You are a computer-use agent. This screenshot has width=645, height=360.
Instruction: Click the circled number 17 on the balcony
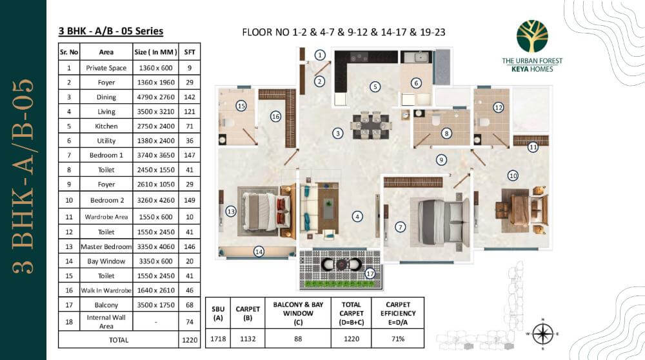(x=370, y=273)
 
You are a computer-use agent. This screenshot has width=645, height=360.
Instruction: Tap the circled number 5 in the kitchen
(x=375, y=86)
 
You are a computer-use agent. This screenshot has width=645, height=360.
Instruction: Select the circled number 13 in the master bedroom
(x=231, y=211)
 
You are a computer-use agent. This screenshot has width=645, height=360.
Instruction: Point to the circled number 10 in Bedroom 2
(x=513, y=175)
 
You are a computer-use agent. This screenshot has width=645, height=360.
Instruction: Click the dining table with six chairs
(x=370, y=125)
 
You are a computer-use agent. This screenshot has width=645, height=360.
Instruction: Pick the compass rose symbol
(x=543, y=333)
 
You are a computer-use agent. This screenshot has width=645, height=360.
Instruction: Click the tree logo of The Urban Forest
(x=532, y=36)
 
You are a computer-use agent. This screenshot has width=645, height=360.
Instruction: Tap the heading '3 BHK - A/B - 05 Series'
(x=110, y=31)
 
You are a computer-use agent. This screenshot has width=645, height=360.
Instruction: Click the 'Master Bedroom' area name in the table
(x=106, y=246)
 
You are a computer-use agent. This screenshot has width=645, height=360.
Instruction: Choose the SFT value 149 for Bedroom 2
(x=190, y=200)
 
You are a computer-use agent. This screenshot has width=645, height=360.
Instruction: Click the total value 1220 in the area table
(x=190, y=339)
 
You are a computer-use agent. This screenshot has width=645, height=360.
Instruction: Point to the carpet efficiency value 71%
(x=398, y=337)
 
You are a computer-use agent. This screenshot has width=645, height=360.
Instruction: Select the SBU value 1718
(x=218, y=337)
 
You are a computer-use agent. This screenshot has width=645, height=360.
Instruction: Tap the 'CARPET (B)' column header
(x=248, y=313)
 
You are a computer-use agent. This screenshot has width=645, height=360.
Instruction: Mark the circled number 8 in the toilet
(x=446, y=134)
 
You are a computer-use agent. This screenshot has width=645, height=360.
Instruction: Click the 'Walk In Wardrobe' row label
(x=106, y=291)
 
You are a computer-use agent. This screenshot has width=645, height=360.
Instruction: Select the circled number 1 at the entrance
(x=320, y=55)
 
